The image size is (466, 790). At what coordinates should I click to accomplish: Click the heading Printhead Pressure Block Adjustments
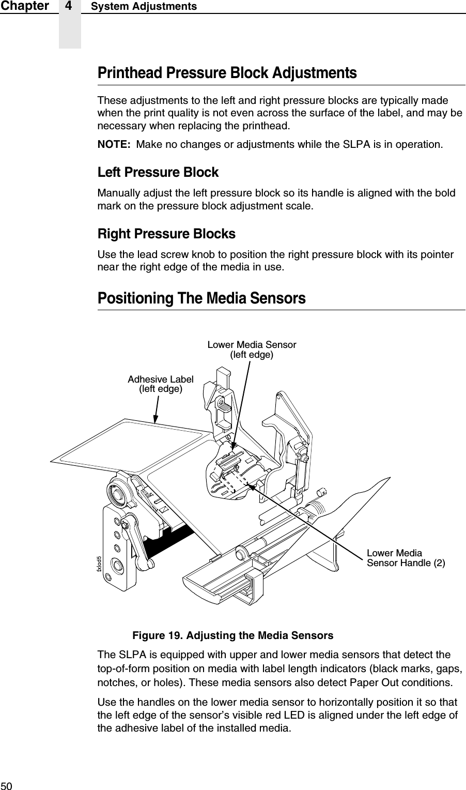(227, 73)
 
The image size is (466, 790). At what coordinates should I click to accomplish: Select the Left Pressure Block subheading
(158, 172)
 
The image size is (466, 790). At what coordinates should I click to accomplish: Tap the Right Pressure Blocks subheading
(166, 234)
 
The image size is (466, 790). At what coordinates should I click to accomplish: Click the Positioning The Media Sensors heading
(201, 299)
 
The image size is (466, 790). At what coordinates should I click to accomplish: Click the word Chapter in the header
(24, 6)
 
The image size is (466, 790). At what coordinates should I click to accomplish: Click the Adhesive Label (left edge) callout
(161, 384)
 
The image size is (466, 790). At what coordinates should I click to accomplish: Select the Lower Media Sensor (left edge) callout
(252, 350)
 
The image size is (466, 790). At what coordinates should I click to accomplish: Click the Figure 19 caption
(232, 635)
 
